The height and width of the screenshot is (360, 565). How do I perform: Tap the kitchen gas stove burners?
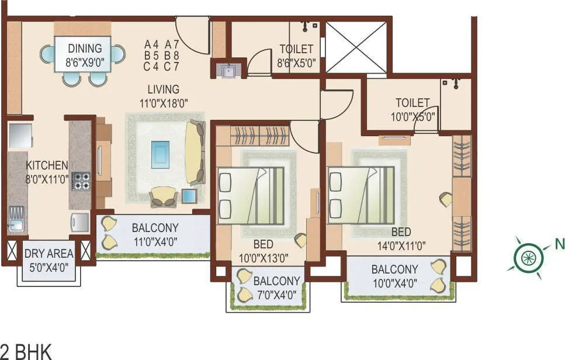(81, 181)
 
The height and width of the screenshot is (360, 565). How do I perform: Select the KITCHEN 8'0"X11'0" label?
(47, 172)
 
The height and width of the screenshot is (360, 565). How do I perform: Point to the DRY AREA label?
(48, 259)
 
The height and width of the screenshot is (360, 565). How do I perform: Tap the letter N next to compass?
(559, 244)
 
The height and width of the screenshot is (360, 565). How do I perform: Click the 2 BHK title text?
(26, 352)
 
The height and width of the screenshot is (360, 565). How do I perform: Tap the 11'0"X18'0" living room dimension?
(163, 103)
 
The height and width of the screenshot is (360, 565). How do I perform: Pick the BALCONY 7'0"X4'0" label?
(276, 286)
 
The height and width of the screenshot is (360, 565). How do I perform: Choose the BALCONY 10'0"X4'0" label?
(394, 276)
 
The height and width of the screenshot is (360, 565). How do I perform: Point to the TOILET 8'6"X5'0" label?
(296, 54)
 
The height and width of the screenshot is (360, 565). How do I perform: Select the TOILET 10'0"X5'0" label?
(413, 109)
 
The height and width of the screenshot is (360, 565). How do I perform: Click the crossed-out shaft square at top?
(356, 47)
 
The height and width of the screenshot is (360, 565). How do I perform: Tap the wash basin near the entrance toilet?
(227, 71)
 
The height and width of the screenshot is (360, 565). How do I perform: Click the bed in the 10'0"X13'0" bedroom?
(251, 196)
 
